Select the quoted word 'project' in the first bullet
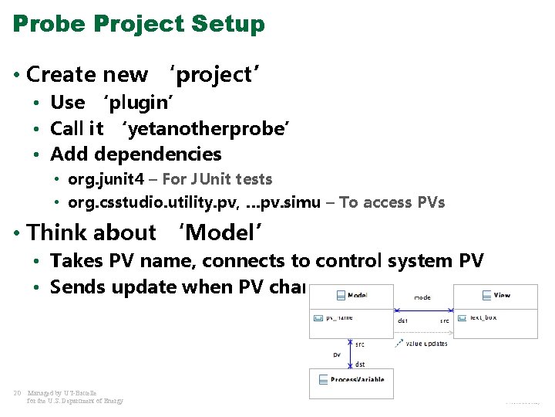click(x=214, y=75)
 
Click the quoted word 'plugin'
click(x=136, y=103)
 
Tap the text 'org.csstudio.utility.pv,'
click(x=153, y=203)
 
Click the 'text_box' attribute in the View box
click(x=484, y=317)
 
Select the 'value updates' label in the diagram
click(x=426, y=344)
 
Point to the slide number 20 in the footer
click(x=17, y=393)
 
